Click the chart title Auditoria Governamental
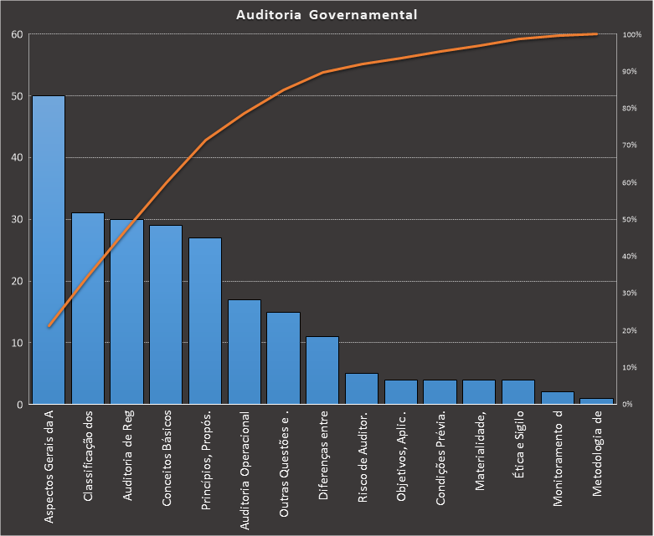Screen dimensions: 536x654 327,15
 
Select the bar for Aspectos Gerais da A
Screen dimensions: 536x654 49,251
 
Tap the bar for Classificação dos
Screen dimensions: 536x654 88,309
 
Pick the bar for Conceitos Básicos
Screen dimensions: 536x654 166,314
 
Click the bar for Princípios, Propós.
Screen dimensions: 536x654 205,321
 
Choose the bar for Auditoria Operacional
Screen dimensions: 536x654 245,352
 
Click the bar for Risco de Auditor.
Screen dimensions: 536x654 362,389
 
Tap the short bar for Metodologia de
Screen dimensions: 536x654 596,401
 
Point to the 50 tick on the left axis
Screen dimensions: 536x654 16,96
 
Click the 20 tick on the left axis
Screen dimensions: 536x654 16,281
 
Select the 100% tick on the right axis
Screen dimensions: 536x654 632,35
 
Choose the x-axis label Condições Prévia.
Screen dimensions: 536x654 440,459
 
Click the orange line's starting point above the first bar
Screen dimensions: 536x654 49,326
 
